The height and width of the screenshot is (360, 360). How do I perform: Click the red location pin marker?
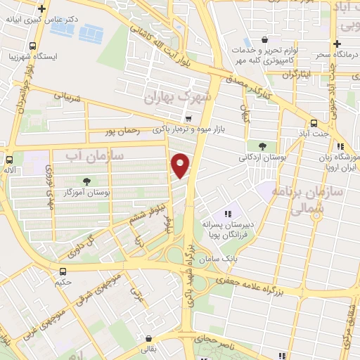point(181,165)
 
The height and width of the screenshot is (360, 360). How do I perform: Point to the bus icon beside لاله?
point(9,159)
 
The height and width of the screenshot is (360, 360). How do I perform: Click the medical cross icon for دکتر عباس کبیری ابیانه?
point(44,9)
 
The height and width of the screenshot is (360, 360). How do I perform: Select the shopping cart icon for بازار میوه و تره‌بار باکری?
point(187,118)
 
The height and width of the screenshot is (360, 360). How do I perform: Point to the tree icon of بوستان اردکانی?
point(262,147)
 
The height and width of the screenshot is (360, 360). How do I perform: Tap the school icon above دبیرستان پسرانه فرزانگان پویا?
point(227,214)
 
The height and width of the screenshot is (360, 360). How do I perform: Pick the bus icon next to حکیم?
point(63,271)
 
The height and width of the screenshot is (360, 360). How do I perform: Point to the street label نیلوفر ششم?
point(144,219)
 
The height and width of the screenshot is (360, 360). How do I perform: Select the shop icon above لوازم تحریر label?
point(264,39)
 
